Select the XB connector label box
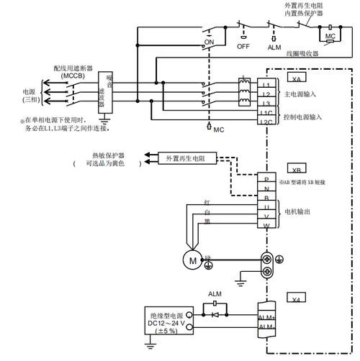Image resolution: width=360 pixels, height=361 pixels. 297,170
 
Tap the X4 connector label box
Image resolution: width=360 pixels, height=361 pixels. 297,298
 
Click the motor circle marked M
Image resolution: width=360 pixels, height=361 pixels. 192,260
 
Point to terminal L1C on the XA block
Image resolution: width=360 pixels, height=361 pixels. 266,114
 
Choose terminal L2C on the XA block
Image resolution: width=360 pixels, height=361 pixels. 266,122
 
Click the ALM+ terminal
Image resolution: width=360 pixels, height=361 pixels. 266,315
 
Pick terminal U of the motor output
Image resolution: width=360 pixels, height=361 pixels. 266,206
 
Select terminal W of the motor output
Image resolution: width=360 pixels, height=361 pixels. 266,226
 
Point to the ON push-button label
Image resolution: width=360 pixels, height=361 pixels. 210,42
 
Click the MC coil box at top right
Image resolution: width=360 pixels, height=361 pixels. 330,36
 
